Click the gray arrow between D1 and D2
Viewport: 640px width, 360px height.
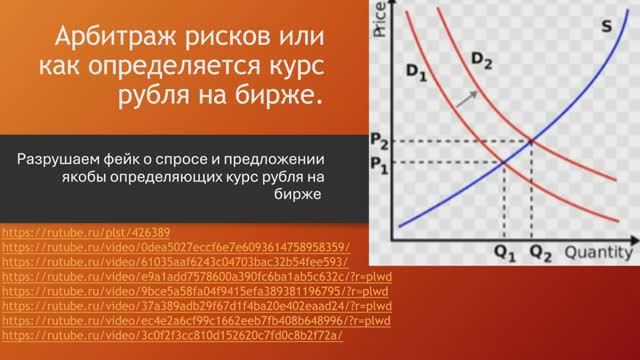click(465, 97)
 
